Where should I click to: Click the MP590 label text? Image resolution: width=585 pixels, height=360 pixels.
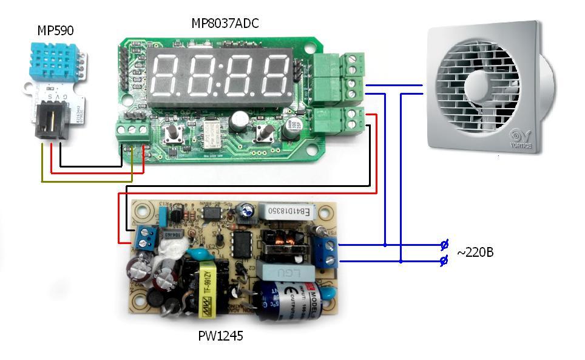pos(55,30)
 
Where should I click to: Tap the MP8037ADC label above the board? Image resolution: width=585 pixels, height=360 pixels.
pos(226,24)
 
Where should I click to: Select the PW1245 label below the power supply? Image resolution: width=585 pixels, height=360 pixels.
pos(220,335)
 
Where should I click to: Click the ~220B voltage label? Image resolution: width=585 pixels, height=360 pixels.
pos(475,251)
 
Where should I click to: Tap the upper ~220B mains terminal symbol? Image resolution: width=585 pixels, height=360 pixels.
pos(444,245)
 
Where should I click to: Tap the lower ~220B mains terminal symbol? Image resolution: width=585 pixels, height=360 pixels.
pos(444,261)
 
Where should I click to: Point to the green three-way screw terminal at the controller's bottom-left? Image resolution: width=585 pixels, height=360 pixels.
pos(133,130)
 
